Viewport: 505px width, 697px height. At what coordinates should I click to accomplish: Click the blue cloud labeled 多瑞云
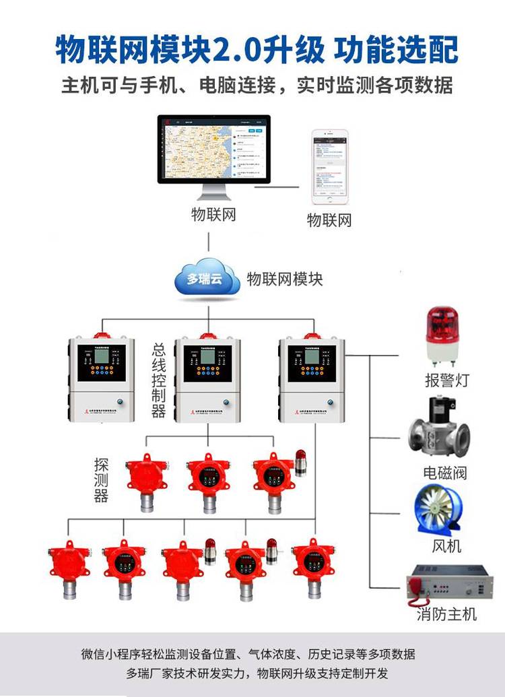(x=207, y=278)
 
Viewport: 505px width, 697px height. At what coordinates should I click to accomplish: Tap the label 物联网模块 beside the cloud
(x=285, y=279)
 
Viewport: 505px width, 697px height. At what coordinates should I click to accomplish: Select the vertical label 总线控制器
(x=159, y=380)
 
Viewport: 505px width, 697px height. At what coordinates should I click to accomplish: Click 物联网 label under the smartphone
(x=330, y=220)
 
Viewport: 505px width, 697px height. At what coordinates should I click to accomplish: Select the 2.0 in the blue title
(x=237, y=49)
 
